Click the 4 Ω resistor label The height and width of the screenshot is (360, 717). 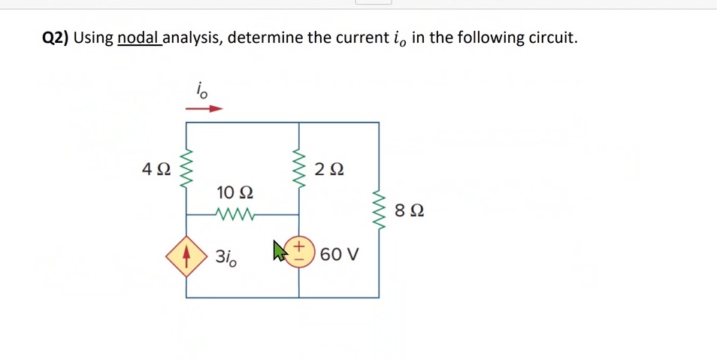156,169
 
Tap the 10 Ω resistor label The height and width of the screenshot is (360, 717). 234,192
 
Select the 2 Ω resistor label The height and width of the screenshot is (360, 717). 329,169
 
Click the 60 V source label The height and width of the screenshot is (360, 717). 339,254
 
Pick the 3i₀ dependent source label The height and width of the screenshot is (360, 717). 225,256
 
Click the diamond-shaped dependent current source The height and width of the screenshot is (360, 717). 186,256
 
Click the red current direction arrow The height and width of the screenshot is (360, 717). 204,108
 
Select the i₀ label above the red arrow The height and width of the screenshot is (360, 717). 202,90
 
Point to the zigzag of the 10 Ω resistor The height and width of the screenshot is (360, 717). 235,214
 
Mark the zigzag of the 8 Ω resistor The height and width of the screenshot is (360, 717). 379,210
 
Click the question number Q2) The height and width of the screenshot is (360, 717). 55,38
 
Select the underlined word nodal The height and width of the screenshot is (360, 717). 138,38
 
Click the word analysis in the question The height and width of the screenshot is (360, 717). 192,38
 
